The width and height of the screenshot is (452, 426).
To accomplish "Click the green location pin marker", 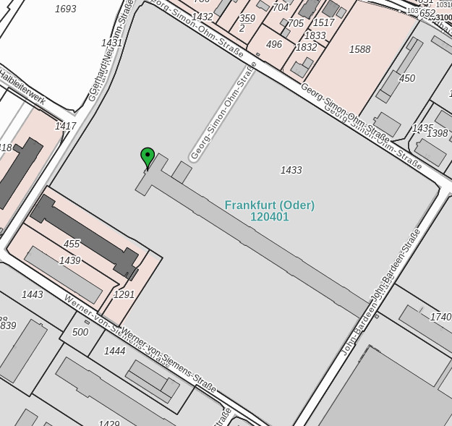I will pos(148,156).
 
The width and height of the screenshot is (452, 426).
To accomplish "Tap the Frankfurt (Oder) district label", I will pos(269,205).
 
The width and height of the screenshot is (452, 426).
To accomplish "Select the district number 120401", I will pos(269,217).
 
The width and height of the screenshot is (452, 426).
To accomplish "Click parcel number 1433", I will pos(291,170).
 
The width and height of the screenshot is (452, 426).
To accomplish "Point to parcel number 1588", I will pos(359,50).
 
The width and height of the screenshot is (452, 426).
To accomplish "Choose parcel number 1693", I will pos(65,9).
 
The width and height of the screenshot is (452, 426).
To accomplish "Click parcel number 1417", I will pos(66,126).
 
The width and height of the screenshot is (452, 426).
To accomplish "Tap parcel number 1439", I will pos(70,260).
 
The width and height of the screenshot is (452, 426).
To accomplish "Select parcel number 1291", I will pos(124,294).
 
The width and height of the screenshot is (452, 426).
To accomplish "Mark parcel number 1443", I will pos(32,294).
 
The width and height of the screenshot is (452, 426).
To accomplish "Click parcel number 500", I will pos(80,332).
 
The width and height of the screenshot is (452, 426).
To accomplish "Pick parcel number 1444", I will pos(114,351).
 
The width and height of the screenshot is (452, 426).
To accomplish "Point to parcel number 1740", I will pos(440,317).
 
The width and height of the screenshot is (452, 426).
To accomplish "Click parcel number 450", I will pos(407,78).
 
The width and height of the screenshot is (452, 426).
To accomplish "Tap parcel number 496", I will pos(274,45).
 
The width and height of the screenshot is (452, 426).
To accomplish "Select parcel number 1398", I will pos(437,133).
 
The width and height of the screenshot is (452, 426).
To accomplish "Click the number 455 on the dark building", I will pos(72,244).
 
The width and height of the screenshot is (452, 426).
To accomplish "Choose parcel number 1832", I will pos(306,47).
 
